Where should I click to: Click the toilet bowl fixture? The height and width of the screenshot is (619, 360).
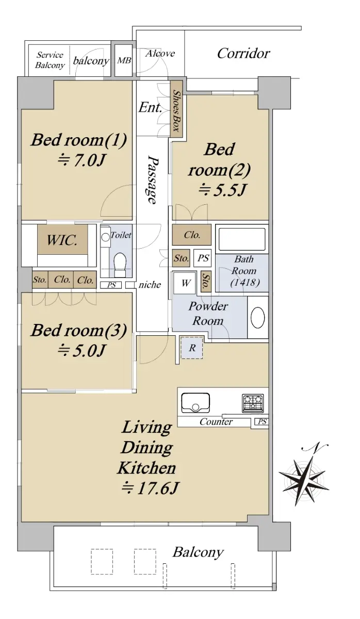click(120, 264)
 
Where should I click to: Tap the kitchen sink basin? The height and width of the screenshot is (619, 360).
click(195, 403)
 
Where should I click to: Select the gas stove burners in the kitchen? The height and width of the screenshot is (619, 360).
click(253, 403)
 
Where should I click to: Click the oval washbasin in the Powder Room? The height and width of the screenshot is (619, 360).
click(257, 317)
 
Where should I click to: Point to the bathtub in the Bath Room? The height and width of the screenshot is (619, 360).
click(242, 239)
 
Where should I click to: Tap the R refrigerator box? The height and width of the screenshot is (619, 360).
click(192, 348)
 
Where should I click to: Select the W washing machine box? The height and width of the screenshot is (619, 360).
click(185, 283)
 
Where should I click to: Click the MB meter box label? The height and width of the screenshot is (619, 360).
click(124, 60)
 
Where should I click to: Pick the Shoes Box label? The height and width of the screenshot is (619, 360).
click(176, 110)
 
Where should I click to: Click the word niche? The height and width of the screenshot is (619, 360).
click(150, 285)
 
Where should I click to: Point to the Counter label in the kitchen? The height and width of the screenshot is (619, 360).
click(216, 422)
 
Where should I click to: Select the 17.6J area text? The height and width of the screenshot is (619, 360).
click(151, 488)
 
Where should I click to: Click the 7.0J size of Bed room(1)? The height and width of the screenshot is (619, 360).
click(82, 160)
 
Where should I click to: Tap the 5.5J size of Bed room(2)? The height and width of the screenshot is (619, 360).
click(222, 190)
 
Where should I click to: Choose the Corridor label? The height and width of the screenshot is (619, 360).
click(243, 54)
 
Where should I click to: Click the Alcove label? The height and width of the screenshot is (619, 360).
click(160, 53)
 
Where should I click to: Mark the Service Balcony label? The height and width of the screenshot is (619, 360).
click(50, 60)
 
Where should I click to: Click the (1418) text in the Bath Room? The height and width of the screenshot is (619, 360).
click(245, 283)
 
